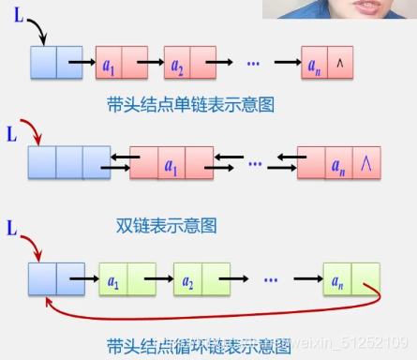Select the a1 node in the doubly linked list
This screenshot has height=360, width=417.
(170, 163)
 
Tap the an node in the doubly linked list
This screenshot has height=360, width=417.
(338, 163)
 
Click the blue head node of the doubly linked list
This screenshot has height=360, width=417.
(69, 161)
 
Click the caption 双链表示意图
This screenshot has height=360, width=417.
(166, 225)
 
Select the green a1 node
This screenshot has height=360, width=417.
(127, 280)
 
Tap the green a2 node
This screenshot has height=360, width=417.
(201, 280)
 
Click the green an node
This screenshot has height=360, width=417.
(350, 280)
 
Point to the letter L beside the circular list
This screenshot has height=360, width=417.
(12, 229)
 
